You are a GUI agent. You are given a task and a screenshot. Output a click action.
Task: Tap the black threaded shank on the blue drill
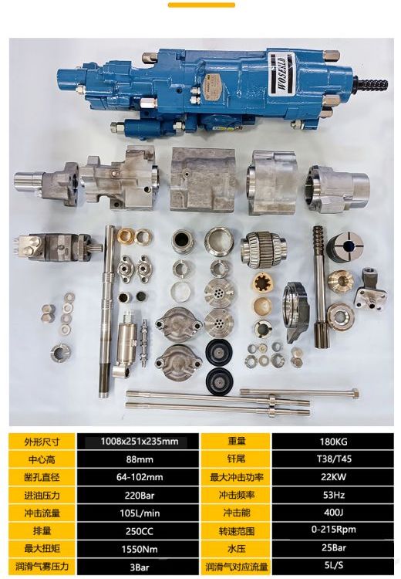372,85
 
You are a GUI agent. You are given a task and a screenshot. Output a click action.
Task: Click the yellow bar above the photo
201,5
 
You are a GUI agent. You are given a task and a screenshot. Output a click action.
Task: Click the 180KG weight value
333,442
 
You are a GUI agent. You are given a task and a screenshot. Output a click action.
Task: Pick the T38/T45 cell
333,459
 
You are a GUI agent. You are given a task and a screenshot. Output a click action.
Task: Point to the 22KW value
333,477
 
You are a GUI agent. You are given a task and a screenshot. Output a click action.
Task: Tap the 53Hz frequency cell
333,495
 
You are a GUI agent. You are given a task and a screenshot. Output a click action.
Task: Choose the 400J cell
333,513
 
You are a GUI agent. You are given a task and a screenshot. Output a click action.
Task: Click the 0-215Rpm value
333,530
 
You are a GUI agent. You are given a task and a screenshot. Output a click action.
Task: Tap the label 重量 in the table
237,442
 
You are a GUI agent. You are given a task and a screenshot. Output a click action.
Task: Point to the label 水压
237,549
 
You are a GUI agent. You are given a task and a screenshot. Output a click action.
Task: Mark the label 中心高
42,459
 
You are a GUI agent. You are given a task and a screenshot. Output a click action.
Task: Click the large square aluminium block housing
203,179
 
